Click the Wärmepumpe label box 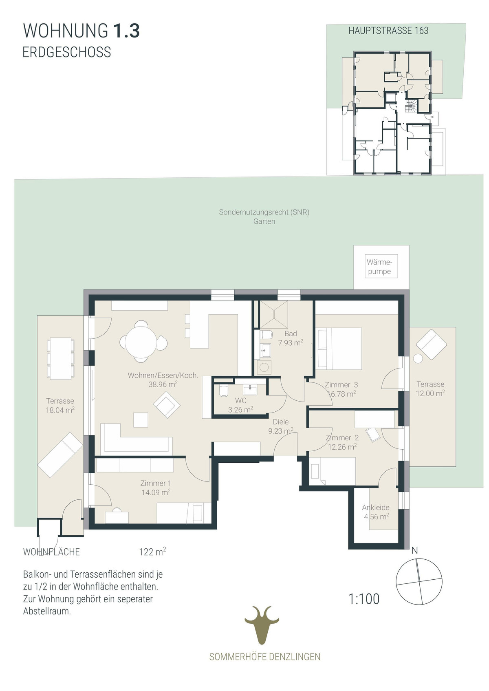tap(381, 266)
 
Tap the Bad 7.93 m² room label tap(291, 338)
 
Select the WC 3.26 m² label tap(240, 405)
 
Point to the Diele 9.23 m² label tap(281, 426)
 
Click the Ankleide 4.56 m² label tap(376, 512)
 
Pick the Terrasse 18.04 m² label tap(60, 405)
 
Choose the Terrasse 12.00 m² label tap(430, 389)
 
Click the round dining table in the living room tap(141, 342)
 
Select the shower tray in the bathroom tap(274, 314)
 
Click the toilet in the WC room tap(223, 390)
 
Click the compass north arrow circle tap(419, 581)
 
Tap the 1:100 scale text tap(364, 599)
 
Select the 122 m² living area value tap(153, 551)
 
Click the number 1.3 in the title tap(127, 31)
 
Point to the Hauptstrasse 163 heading tap(388, 31)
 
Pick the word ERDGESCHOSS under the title tap(66, 52)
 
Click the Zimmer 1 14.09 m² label tap(156, 488)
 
